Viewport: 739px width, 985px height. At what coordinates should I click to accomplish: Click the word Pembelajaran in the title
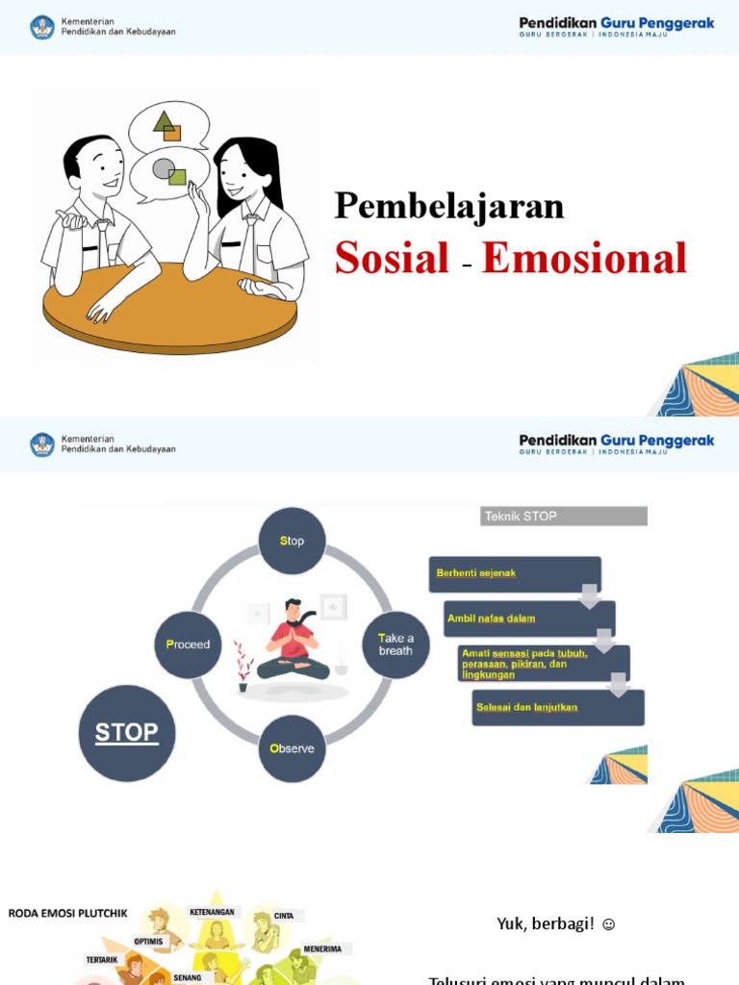[x=448, y=207]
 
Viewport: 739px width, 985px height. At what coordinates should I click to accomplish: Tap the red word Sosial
[x=392, y=258]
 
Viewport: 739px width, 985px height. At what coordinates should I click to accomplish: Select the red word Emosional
[x=584, y=258]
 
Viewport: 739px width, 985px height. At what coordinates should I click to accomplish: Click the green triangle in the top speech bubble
[x=164, y=122]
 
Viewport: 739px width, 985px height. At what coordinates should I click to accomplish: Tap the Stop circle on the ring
[x=292, y=541]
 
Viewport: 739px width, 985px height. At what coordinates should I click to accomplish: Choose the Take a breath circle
[x=395, y=644]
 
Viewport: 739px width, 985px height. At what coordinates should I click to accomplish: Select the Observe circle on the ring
[x=292, y=748]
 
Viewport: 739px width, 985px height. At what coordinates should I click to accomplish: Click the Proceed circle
[x=188, y=644]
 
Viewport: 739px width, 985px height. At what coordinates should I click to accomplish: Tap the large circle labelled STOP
[x=126, y=733]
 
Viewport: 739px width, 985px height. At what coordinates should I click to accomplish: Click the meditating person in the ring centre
[x=292, y=640]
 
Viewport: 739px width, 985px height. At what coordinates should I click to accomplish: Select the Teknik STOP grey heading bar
[x=563, y=517]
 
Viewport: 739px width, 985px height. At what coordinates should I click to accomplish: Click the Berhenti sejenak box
[x=514, y=573]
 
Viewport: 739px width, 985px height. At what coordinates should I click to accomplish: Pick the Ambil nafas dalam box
[x=528, y=619]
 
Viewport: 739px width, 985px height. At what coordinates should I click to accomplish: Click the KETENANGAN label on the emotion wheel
[x=212, y=912]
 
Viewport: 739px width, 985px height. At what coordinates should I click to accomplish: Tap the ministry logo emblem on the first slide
[x=42, y=26]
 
